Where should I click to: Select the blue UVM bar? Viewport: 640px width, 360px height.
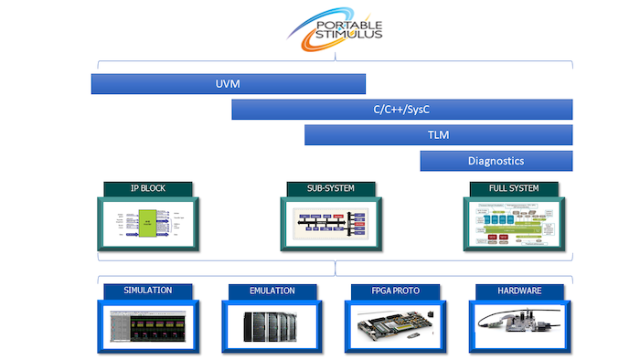229,84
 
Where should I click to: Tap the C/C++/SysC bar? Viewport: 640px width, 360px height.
402,110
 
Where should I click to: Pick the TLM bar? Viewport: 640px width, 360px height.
438,135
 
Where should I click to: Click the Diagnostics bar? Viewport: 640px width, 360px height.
496,161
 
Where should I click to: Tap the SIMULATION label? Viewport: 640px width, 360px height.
147,291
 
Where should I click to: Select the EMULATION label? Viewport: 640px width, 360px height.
272,291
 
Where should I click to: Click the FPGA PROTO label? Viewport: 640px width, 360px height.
395,291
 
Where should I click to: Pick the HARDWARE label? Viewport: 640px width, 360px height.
518,291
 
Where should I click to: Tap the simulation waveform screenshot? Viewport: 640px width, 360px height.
147,326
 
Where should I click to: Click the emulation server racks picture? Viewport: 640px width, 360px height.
272,326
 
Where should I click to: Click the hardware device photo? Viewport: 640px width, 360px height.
518,326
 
